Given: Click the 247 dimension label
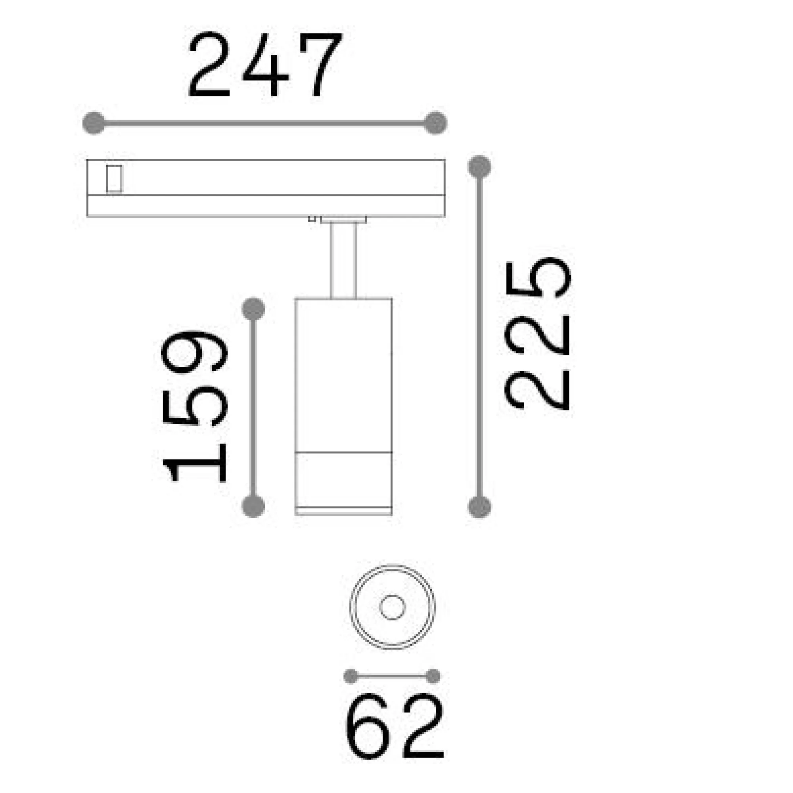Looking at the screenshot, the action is pos(265,65).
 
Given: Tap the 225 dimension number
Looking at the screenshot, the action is pos(538,333).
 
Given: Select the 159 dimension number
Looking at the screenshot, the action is pos(195,406).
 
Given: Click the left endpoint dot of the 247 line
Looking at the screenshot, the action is pos(94,123).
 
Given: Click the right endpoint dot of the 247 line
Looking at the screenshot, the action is pos(435,123).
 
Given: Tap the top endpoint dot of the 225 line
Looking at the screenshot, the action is pos(479,167).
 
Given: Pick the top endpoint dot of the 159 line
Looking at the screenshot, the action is pos(254,309).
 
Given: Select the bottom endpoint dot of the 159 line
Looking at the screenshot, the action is pos(254,506).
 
